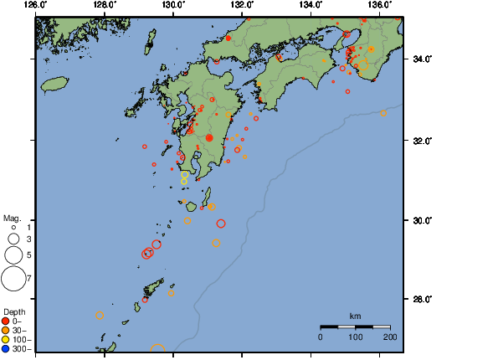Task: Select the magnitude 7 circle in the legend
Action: coord(13,278)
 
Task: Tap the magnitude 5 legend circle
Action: coord(13,254)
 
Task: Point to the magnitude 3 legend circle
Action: coord(13,239)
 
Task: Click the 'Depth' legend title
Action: coord(14,311)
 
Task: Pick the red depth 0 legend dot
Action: coord(7,321)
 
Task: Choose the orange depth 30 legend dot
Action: coord(7,330)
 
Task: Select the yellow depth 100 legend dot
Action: coord(7,339)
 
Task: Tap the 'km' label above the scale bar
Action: coord(355,316)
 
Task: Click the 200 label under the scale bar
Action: coord(390,337)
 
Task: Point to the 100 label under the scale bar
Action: coord(355,337)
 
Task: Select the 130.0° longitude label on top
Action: coord(172,6)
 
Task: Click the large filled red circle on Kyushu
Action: coord(209,137)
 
